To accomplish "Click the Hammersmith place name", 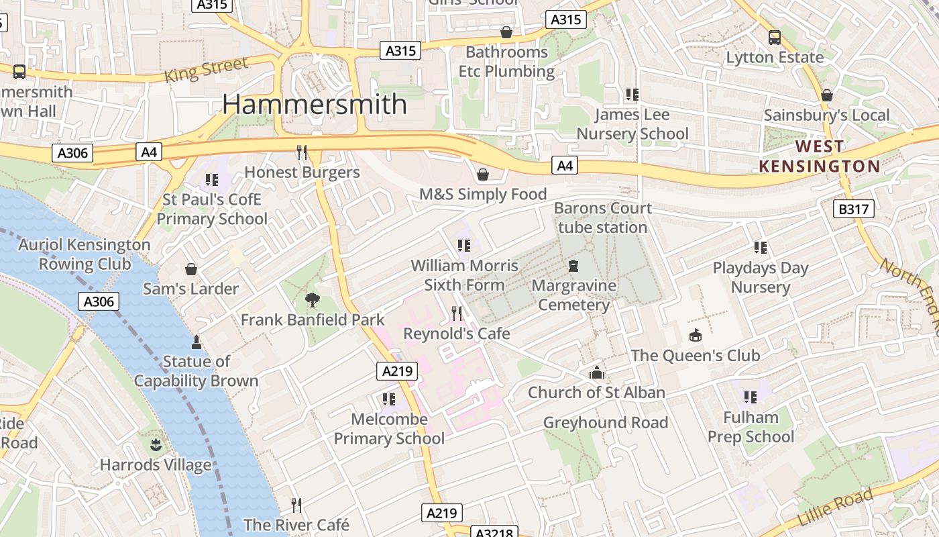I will coord(315,104).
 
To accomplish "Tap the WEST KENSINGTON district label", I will coord(819,156).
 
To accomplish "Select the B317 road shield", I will coord(854,209).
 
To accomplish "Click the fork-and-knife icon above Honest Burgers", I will coord(302,152).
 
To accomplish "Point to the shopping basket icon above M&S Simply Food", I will coord(482,175).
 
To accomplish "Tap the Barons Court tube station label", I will coord(602,217).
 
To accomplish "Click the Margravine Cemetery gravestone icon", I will coord(573,266).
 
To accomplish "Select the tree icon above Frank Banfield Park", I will coord(312,299).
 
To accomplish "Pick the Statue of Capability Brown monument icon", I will coord(197,342).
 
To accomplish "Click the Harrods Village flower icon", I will coord(156,444).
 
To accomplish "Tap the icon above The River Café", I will coord(296,505).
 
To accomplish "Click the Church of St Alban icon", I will coord(596,373).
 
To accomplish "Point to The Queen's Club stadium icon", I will coord(696,335).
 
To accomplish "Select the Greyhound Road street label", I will coord(605,422).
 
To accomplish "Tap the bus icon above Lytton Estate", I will coord(775,37).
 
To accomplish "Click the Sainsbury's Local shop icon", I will coord(827,95).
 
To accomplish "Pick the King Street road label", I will coord(206,70).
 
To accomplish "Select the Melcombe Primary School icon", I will coord(389,399).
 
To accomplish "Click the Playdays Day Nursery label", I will coord(760,277).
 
